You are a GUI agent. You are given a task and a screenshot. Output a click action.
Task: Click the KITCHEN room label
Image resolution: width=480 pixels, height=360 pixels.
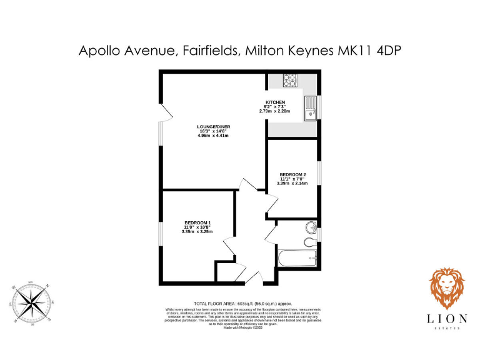click(x=275, y=102)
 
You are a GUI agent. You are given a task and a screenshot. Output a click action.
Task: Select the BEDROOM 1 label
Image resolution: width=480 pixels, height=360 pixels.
click(x=197, y=222)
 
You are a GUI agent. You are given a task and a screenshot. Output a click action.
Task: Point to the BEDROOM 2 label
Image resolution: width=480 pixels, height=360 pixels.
click(x=292, y=174)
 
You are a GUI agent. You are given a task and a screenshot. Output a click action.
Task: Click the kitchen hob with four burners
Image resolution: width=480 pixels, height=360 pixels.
click(x=290, y=81)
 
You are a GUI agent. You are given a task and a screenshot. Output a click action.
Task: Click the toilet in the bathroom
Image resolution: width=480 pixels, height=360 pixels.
click(x=309, y=242)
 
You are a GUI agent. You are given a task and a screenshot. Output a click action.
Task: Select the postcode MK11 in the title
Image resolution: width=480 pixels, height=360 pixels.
click(x=357, y=51)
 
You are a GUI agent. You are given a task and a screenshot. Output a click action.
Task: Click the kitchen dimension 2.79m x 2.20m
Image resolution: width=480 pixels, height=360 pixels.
click(x=275, y=111)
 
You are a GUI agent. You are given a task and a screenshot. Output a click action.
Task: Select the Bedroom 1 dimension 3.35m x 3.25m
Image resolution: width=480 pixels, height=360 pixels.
click(x=197, y=231)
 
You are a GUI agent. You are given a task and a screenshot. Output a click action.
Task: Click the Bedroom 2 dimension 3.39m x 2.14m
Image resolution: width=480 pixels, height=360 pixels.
click(x=292, y=183)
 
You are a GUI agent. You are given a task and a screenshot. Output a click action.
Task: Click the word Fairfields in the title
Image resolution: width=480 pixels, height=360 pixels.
click(x=209, y=51)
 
